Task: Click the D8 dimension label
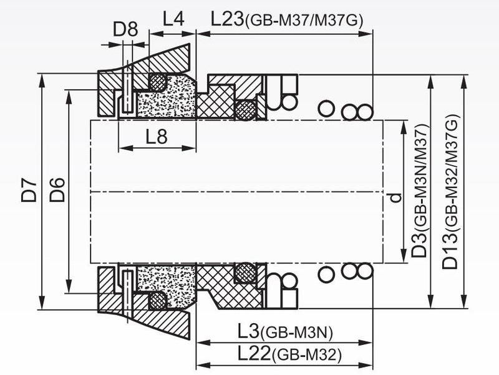click(x=125, y=29)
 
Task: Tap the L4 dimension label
click(x=173, y=19)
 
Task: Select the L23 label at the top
click(x=227, y=19)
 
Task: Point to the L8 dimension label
click(x=157, y=136)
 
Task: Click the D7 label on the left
click(x=29, y=191)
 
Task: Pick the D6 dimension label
click(x=57, y=191)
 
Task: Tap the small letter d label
click(x=395, y=197)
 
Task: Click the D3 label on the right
click(x=419, y=246)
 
